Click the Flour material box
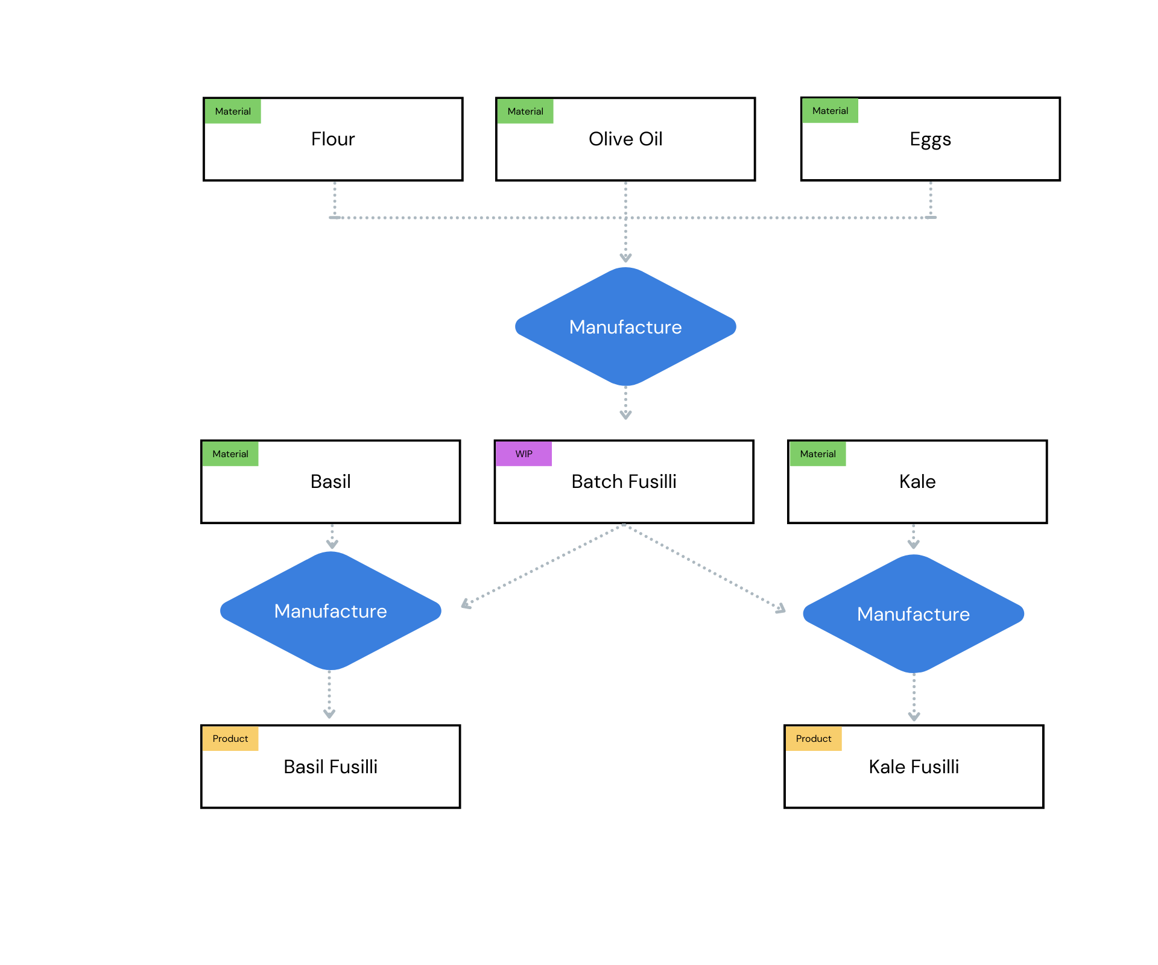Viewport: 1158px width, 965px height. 332,151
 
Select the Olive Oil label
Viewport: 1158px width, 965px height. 625,139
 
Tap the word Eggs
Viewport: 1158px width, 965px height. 929,139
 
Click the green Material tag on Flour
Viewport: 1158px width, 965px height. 233,112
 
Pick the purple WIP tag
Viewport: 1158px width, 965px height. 524,454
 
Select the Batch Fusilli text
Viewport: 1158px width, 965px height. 624,482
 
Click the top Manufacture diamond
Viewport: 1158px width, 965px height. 625,327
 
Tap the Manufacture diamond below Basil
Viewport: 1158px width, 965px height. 331,611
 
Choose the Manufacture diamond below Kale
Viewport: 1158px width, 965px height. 913,614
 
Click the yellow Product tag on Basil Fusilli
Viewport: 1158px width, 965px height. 230,739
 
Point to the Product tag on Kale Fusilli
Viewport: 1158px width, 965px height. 813,739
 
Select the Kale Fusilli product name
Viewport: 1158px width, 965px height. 913,767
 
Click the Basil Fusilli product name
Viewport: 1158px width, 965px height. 331,767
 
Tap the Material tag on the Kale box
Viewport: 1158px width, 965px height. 817,454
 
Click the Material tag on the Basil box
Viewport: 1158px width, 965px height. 230,454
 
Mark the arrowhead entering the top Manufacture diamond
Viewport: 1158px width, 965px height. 625,258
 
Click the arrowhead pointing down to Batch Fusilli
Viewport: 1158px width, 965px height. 625,415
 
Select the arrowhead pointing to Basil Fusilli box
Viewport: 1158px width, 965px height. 329,714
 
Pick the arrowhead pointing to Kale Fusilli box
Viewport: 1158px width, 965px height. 914,717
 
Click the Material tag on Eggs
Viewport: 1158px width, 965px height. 830,111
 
